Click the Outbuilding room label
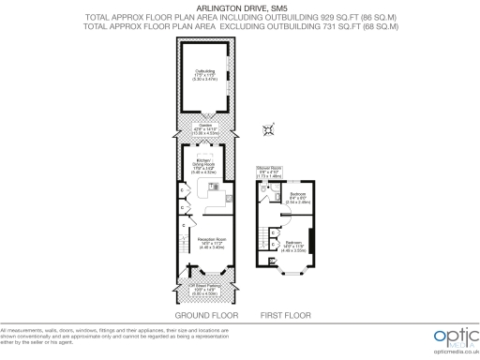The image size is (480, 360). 204,73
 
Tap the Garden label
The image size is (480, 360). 204,129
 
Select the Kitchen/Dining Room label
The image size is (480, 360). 204,169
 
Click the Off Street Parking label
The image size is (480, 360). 204,291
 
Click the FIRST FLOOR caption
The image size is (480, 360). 285,317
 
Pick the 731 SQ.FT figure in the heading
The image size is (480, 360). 307,26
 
